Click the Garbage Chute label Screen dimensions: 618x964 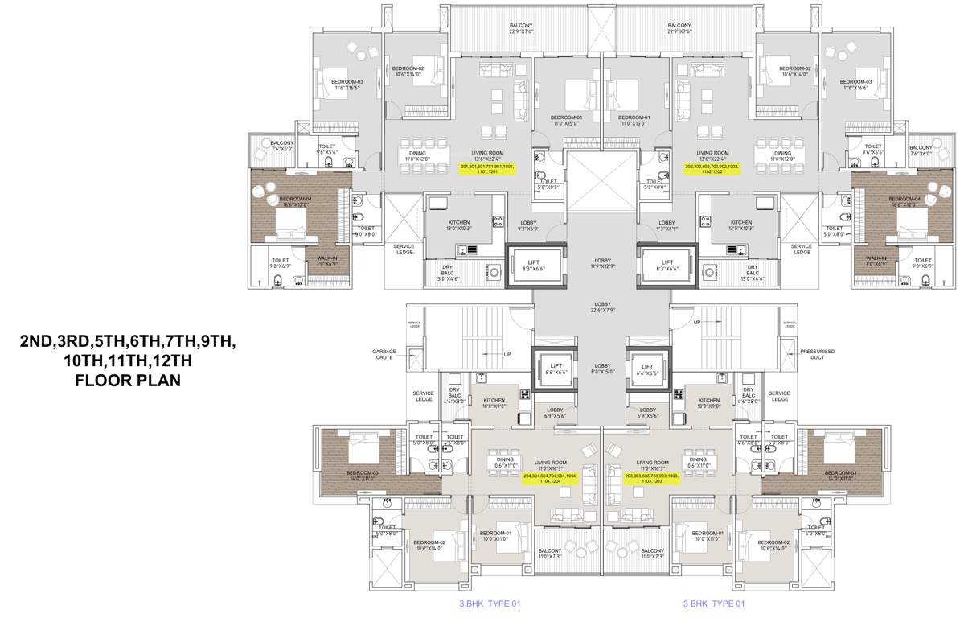[x=384, y=355]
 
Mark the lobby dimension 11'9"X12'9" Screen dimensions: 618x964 [x=602, y=265]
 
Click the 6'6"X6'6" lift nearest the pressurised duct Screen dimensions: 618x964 [x=646, y=369]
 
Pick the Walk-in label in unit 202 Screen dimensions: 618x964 [x=876, y=262]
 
